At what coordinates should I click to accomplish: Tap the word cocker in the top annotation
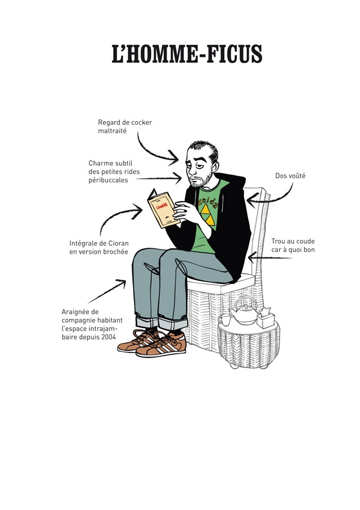pos(141,123)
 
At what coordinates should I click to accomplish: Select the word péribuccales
pos(109,180)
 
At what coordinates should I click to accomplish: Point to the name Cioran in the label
pos(119,243)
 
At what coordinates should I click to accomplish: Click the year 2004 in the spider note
pos(109,337)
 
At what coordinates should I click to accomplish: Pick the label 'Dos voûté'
pos(290,175)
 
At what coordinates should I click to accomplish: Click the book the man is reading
pos(163,209)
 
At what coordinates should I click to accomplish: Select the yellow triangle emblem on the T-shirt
pos(208,215)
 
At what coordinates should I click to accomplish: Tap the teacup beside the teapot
pos(224,319)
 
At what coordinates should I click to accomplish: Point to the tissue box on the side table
pos(265,318)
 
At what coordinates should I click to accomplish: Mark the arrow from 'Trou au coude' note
pos(270,258)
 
